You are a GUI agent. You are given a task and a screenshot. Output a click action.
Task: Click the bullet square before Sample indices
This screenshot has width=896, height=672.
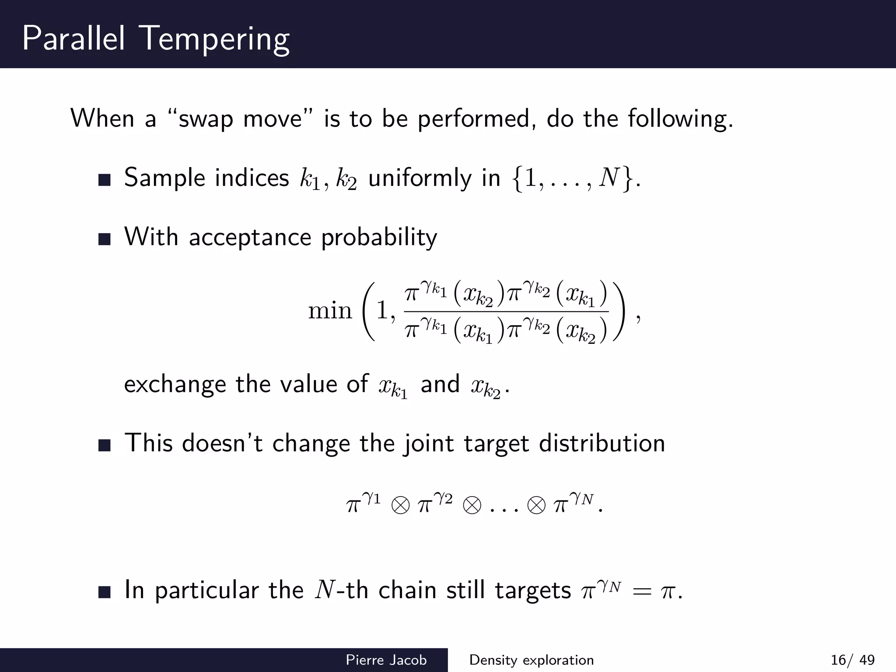point(105,180)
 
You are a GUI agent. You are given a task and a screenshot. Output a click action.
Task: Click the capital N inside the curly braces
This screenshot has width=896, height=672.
point(609,178)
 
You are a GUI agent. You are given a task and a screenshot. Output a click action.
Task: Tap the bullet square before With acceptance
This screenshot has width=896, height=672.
point(105,239)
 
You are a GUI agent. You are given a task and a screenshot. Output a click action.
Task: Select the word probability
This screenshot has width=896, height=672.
point(379,238)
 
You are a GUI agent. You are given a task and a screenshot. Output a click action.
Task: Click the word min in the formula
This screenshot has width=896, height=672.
point(330,311)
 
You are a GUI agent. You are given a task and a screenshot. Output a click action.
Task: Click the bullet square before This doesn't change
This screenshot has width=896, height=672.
point(105,446)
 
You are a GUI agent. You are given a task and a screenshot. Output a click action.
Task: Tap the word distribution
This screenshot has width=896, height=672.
point(602,444)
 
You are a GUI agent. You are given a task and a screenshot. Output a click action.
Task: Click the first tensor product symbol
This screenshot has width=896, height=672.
point(401,506)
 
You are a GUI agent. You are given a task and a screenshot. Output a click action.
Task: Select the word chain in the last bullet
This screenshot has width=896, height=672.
point(407,590)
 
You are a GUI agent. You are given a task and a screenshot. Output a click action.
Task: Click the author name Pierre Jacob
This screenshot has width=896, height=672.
point(386,660)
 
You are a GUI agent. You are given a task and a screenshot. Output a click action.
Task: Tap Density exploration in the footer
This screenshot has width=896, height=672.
point(531,660)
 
